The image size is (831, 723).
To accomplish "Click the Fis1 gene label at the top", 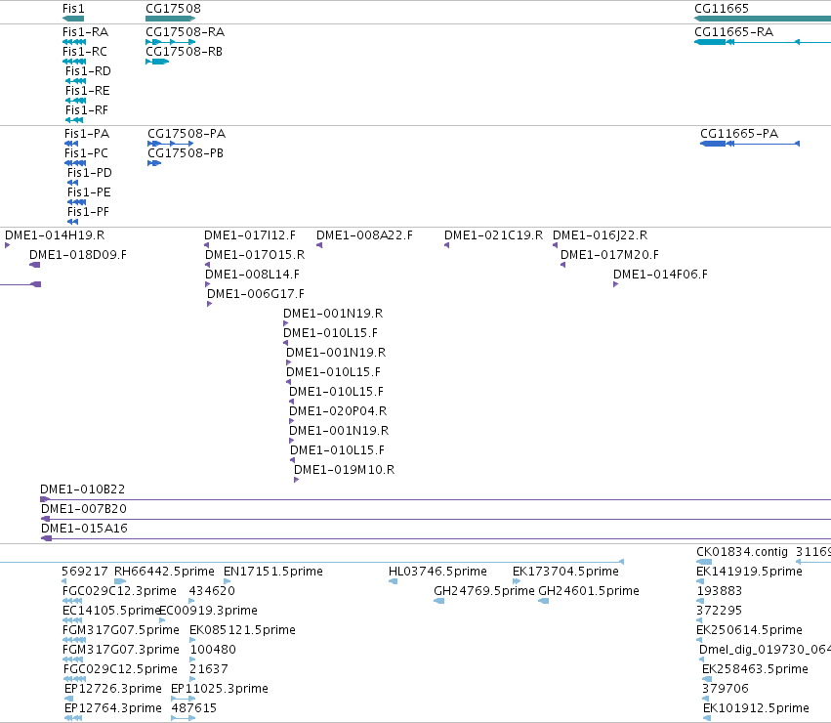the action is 73,9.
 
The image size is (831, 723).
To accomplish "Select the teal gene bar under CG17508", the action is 170,19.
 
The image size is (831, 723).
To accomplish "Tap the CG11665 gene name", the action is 722,9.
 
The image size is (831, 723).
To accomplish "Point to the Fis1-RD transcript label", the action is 88,71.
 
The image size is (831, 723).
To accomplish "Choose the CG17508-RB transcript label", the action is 184,52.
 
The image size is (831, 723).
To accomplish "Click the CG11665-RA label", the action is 733,32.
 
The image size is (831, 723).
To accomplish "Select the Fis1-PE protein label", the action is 89,192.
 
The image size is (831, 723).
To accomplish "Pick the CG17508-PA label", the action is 187,133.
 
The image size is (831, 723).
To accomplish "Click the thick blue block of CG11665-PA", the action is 713,144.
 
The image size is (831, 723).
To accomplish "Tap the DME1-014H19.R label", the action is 55,235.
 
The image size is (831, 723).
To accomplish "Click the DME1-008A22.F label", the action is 364,235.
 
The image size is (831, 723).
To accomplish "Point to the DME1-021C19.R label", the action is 493,235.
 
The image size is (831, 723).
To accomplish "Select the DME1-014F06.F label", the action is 660,275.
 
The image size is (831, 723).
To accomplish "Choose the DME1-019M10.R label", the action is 345,469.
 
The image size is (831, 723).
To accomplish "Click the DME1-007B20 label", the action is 84,509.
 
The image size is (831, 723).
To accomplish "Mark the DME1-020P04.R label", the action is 338,411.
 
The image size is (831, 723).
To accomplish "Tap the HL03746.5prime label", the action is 437,572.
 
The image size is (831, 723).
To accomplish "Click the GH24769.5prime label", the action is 484,591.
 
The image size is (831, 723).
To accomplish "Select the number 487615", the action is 194,708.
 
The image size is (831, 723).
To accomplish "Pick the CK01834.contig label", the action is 742,552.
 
